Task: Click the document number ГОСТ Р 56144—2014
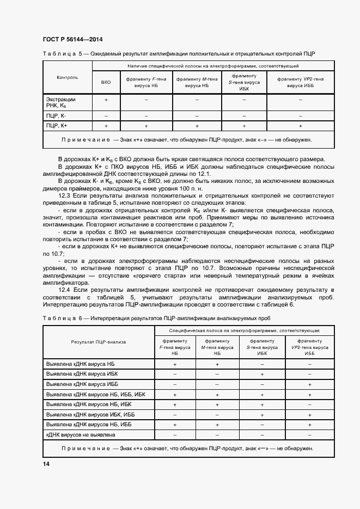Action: coord(72,39)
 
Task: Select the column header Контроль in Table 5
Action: coord(67,77)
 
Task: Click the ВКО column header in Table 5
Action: coord(106,82)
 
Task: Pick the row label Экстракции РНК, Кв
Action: coord(62,102)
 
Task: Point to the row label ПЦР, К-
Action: coord(57,116)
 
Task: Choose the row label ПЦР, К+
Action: coord(57,126)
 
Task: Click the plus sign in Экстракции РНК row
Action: coord(106,100)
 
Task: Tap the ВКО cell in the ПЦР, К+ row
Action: coord(106,126)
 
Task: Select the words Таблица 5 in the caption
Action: coord(62,53)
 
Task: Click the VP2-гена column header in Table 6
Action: coord(309,346)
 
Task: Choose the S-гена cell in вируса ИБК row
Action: coord(263,374)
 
